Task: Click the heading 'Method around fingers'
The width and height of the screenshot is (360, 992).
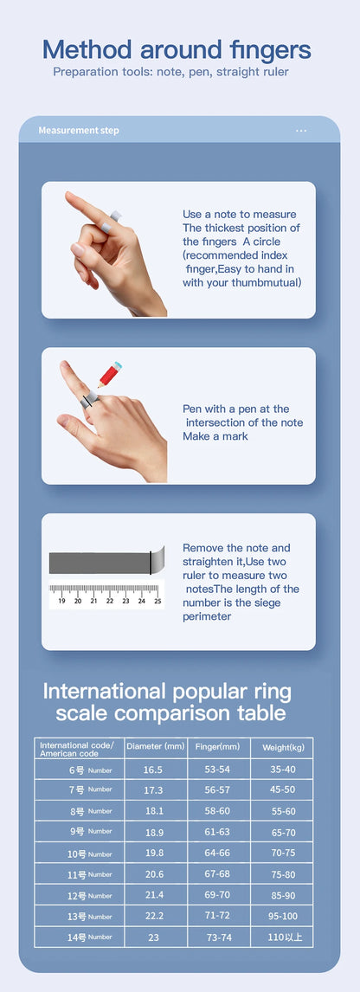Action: tap(177, 49)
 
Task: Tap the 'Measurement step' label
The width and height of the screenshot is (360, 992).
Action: tap(79, 131)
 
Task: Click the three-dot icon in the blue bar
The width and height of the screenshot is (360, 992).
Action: tap(301, 131)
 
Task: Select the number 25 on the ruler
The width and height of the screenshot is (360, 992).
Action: tap(157, 600)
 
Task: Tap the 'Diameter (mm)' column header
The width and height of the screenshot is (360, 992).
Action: tap(155, 746)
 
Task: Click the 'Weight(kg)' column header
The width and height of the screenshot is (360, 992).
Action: tap(282, 747)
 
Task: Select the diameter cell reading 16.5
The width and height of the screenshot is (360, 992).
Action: tap(153, 770)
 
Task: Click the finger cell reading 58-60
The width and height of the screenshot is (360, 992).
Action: tap(218, 811)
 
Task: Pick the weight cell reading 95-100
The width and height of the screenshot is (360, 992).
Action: tap(282, 916)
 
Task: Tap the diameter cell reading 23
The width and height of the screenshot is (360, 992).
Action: tap(153, 937)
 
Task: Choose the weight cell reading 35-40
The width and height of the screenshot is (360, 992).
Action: tap(282, 770)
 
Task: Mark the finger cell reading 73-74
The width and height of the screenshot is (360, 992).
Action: tap(218, 937)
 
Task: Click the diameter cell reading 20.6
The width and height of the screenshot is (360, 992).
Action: tap(153, 874)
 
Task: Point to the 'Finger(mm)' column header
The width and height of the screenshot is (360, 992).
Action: tap(218, 746)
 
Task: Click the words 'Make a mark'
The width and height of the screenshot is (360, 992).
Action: tap(215, 436)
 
